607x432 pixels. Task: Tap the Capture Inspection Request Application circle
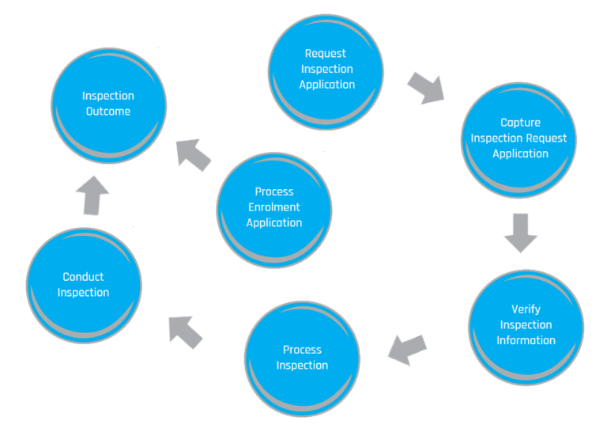(x=518, y=139)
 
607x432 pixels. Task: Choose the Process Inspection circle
(x=302, y=358)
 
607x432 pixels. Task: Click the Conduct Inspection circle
(x=84, y=286)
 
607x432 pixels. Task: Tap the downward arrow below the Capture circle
(x=520, y=232)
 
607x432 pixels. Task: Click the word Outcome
(x=108, y=112)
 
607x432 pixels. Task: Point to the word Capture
(x=520, y=123)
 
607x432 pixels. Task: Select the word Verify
(x=526, y=309)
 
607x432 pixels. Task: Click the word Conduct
(x=83, y=277)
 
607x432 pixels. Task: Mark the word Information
(x=526, y=340)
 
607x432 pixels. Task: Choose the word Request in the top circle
(x=326, y=54)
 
